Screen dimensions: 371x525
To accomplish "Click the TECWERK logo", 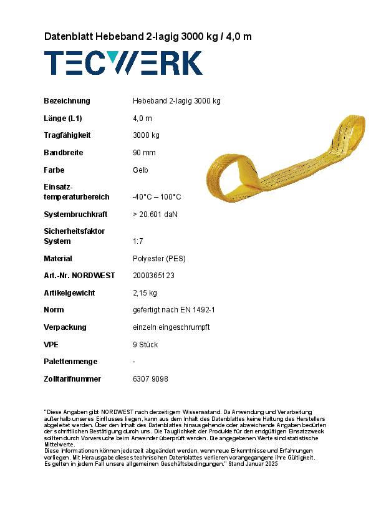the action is (123, 64).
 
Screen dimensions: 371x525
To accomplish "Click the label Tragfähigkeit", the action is (67, 135).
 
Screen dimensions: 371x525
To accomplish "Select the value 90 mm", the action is (144, 153).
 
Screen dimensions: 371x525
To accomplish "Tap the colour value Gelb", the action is (140, 170).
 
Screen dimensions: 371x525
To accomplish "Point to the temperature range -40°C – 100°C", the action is (157, 197).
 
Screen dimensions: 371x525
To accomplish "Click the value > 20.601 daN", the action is (155, 214).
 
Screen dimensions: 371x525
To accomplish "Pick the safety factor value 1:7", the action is (140, 241).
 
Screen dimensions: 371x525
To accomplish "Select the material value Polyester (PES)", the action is (159, 259).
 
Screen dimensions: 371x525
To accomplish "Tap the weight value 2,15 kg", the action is (145, 293).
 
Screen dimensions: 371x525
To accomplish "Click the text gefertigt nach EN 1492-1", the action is (174, 310).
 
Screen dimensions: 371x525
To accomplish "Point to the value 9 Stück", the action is (145, 345).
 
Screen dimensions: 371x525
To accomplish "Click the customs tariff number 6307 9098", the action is (150, 379).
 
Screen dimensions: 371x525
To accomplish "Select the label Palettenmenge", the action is (71, 362).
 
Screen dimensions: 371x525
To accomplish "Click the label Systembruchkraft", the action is (75, 214).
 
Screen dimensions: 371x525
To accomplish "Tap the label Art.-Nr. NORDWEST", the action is (79, 276).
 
